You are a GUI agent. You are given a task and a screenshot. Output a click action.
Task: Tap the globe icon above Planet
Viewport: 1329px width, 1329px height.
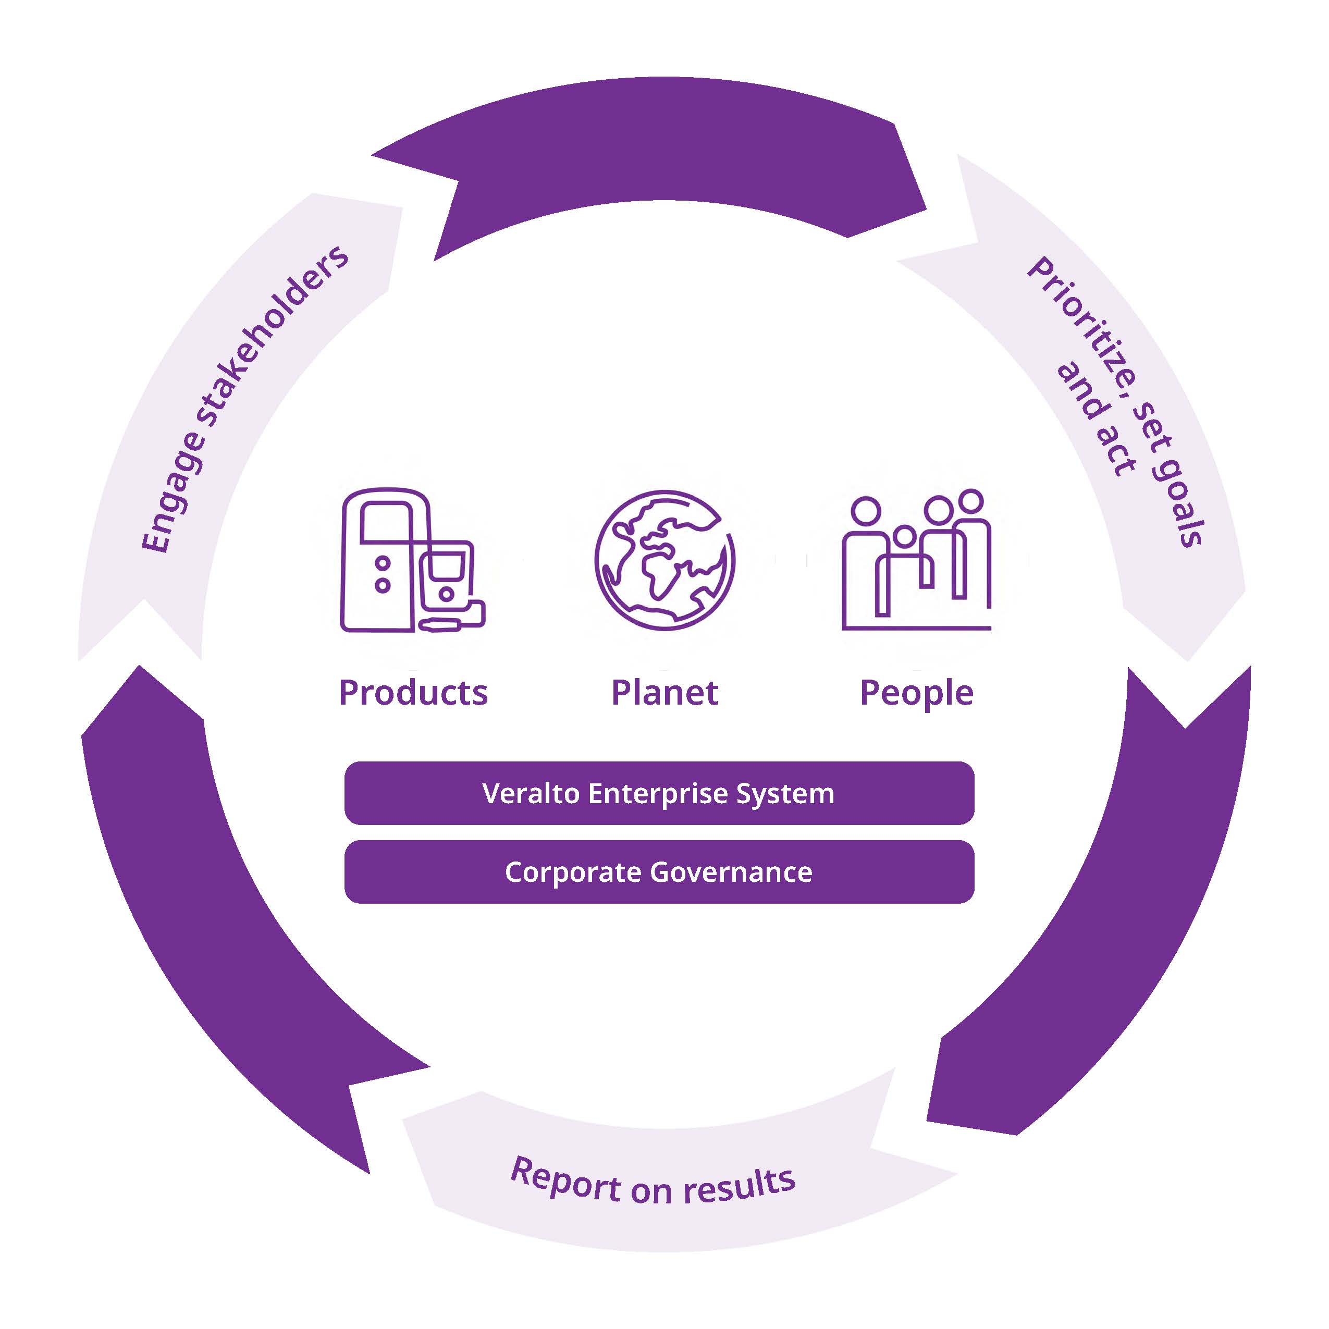(664, 560)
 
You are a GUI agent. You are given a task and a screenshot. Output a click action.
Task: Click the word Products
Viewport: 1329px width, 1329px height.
(413, 692)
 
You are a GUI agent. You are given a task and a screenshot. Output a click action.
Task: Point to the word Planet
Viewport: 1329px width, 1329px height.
(664, 692)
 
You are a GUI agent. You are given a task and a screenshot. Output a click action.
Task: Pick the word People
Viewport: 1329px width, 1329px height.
(916, 693)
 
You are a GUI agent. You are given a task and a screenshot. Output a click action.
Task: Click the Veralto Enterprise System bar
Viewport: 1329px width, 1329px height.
(659, 793)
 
